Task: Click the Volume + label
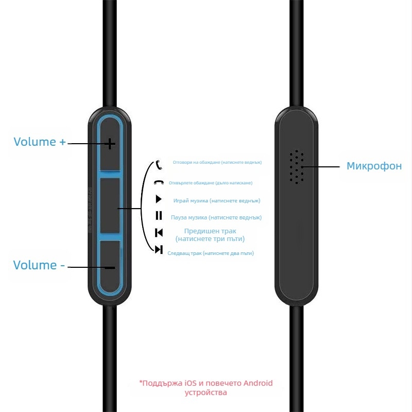pos(40,142)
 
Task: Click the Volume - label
pos(39,265)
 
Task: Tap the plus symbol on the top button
pos(110,144)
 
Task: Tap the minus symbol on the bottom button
pos(110,268)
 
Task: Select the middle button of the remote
pos(110,206)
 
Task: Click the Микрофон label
pos(374,166)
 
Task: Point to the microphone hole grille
pos(296,167)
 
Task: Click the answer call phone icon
pos(159,165)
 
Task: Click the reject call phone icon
pos(159,183)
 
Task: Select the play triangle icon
pos(159,200)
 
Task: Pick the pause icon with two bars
pos(159,216)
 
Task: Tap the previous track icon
pos(159,232)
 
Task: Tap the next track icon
pos(159,250)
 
